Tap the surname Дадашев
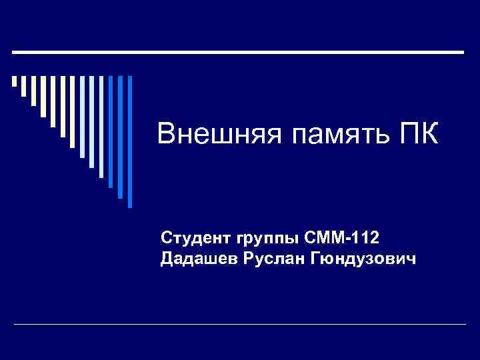coord(197,258)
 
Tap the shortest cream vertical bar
coord(15,82)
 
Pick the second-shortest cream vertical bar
coord(24,87)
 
